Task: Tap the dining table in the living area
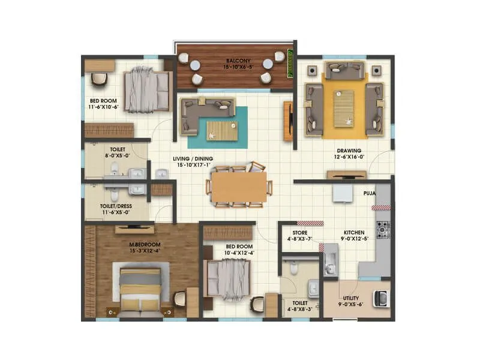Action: click(239, 187)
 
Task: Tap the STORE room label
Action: click(300, 233)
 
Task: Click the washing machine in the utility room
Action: click(381, 298)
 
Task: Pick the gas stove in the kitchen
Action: click(382, 229)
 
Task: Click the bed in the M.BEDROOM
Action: click(140, 290)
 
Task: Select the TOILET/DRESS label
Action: click(116, 206)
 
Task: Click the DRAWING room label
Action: click(349, 151)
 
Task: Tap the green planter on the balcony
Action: click(291, 59)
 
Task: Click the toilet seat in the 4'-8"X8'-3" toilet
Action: click(294, 270)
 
